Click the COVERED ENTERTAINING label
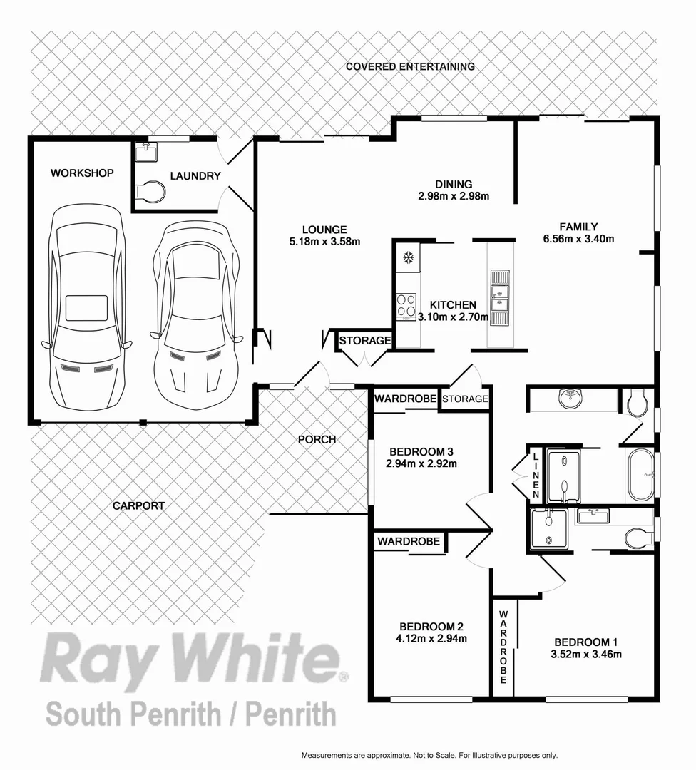[410, 66]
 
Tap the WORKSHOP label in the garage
[82, 173]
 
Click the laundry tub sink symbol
[149, 150]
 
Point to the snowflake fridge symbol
[409, 257]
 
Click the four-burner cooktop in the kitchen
[406, 307]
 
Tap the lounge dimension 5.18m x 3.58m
[324, 241]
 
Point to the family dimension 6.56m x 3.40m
[578, 239]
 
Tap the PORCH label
[317, 439]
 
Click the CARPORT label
[139, 505]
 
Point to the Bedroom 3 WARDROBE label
[406, 399]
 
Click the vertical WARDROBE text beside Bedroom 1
[503, 647]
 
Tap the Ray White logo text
[193, 659]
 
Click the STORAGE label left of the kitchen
[365, 341]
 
